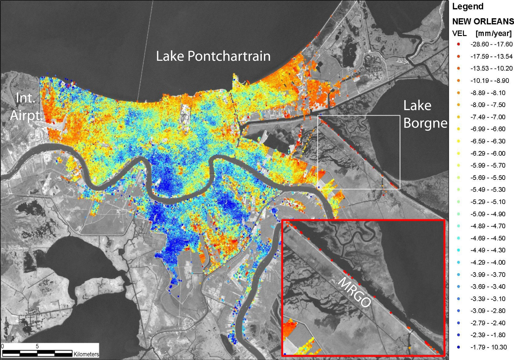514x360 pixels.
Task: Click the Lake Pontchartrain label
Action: click(213, 56)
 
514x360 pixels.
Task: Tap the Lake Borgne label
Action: click(425, 114)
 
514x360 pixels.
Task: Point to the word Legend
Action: click(468, 7)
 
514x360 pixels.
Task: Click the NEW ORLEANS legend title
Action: click(483, 21)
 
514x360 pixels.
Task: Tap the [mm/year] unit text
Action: click(493, 33)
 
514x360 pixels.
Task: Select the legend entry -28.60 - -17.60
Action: click(491, 44)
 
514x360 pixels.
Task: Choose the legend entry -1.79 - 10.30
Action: click(488, 347)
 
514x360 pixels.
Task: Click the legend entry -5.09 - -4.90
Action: click(488, 214)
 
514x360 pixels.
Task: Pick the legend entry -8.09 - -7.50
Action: click(488, 105)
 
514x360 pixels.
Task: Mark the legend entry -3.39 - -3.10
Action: click(488, 299)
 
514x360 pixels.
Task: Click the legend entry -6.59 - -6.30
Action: click(488, 141)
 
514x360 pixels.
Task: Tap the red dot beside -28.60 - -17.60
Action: click(459, 44)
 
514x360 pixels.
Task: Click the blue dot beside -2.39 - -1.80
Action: click(459, 335)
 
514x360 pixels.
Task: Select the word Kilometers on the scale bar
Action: click(86, 354)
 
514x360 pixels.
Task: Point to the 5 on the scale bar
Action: click(37, 346)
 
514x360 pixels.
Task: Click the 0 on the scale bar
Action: click(2, 346)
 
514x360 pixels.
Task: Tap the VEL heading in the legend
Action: click(459, 33)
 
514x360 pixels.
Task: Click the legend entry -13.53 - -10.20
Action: click(491, 69)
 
